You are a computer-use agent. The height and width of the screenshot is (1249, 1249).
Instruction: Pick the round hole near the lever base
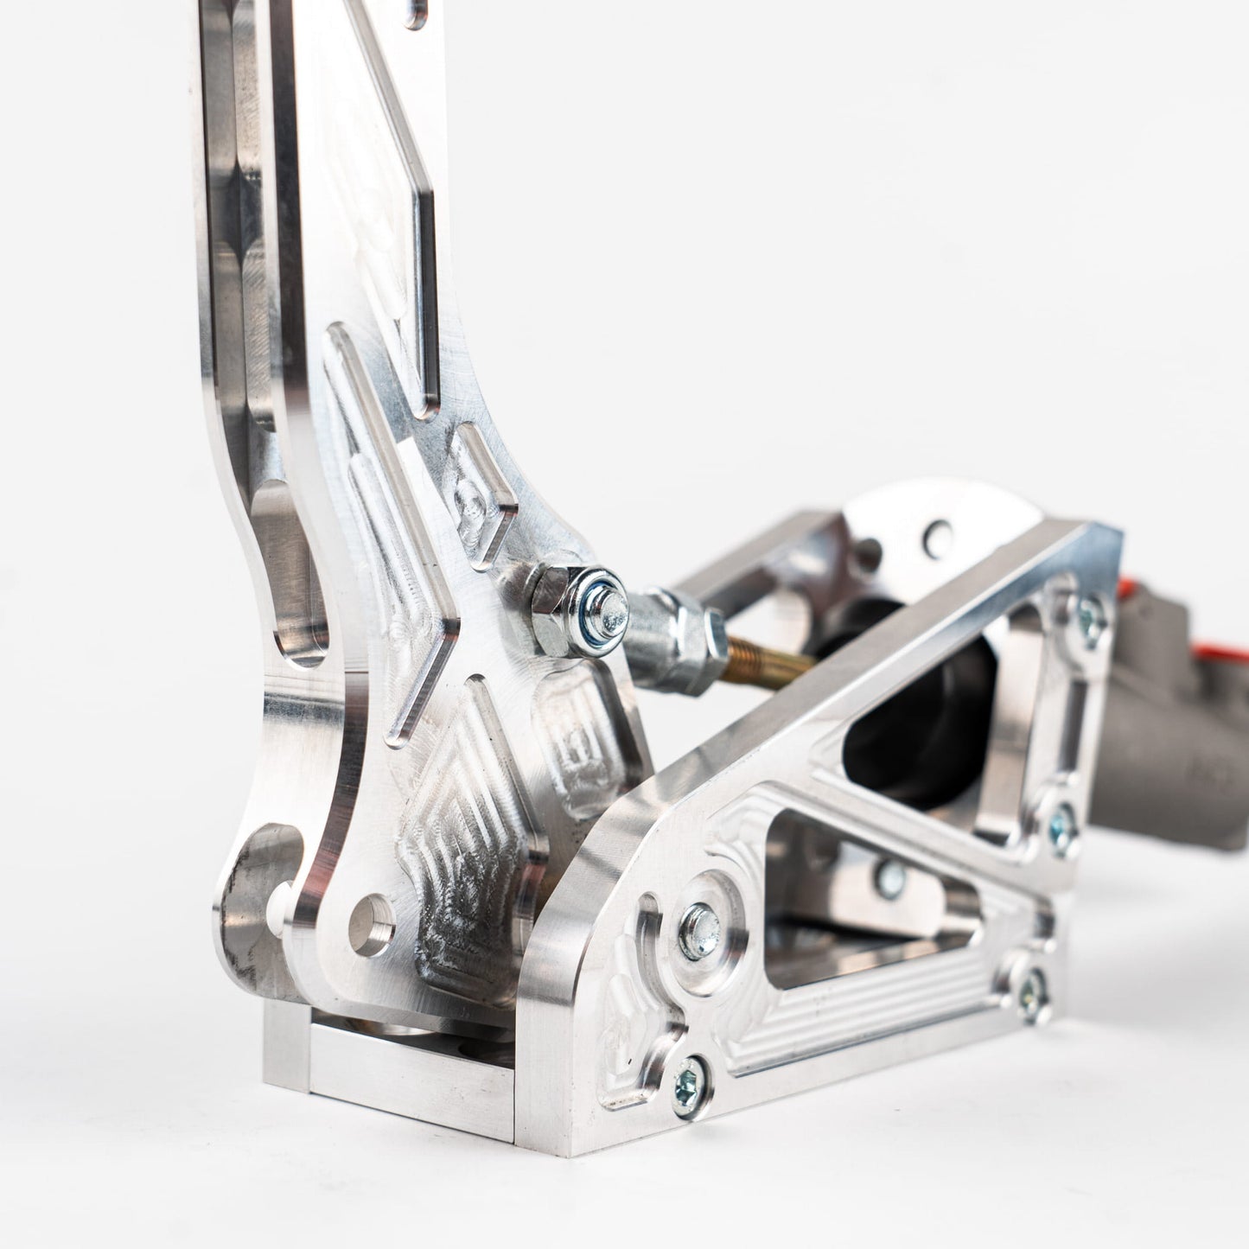tap(372, 925)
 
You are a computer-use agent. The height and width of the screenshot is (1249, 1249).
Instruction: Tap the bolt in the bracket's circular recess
tap(699, 932)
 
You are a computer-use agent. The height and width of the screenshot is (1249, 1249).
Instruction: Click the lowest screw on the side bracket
tap(691, 1080)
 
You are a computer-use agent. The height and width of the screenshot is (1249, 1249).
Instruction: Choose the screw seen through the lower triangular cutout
tap(889, 879)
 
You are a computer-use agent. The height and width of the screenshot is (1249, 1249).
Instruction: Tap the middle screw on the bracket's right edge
tap(1061, 825)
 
